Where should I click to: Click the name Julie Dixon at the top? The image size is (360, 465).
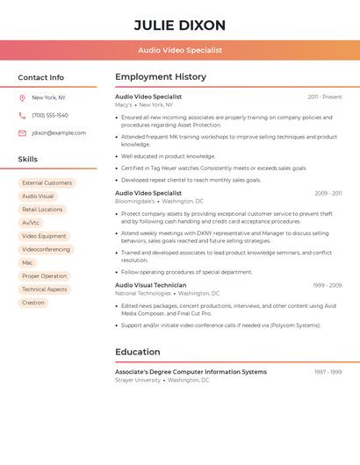pyautogui.click(x=180, y=25)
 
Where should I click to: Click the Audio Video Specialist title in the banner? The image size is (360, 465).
pyautogui.click(x=180, y=50)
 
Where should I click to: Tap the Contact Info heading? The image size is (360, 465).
pyautogui.click(x=41, y=77)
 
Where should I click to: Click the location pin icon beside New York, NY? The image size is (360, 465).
pyautogui.click(x=22, y=97)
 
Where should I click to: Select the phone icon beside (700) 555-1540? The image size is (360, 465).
pyautogui.click(x=22, y=115)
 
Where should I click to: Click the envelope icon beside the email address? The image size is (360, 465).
pyautogui.click(x=22, y=133)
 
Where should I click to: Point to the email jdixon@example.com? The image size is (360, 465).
pyautogui.click(x=59, y=133)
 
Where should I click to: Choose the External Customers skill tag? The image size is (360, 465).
pyautogui.click(x=47, y=183)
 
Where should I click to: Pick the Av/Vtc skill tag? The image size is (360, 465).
pyautogui.click(x=31, y=223)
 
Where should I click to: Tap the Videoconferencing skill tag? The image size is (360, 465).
pyautogui.click(x=46, y=249)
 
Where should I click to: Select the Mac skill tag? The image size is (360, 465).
pyautogui.click(x=27, y=262)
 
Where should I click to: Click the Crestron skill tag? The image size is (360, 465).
pyautogui.click(x=33, y=303)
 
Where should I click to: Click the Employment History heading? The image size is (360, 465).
pyautogui.click(x=161, y=77)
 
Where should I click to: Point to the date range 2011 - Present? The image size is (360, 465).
pyautogui.click(x=325, y=97)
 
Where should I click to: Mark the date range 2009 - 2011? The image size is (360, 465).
pyautogui.click(x=328, y=193)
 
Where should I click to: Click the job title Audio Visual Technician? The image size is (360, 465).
pyautogui.click(x=150, y=285)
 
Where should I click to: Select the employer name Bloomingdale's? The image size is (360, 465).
pyautogui.click(x=134, y=201)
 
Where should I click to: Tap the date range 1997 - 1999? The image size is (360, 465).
pyautogui.click(x=328, y=372)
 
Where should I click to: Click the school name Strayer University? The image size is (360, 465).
pyautogui.click(x=138, y=380)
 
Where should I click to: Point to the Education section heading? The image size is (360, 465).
pyautogui.click(x=138, y=352)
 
